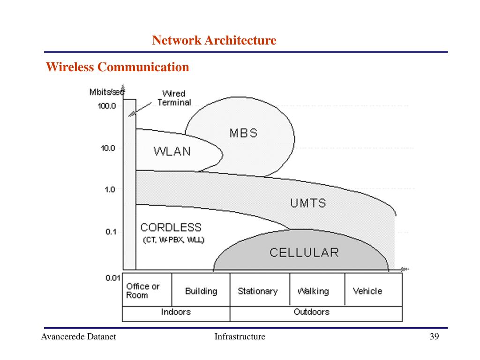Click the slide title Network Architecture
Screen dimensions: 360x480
pyautogui.click(x=214, y=41)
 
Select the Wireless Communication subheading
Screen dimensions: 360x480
pyautogui.click(x=117, y=67)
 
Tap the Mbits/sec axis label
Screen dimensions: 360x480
pyautogui.click(x=106, y=92)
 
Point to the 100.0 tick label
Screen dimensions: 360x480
pyautogui.click(x=107, y=106)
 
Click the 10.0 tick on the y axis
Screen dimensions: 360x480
pyautogui.click(x=108, y=148)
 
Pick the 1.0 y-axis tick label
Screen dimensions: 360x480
pyautogui.click(x=110, y=190)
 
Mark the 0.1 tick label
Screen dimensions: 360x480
pyautogui.click(x=111, y=232)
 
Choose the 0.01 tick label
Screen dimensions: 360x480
pyautogui.click(x=112, y=277)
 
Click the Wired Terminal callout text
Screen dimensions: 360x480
pyautogui.click(x=174, y=98)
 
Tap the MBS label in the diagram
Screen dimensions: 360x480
pyautogui.click(x=243, y=133)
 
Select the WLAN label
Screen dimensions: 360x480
pyautogui.click(x=172, y=151)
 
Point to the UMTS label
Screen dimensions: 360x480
pyautogui.click(x=307, y=203)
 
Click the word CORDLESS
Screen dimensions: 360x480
pyautogui.click(x=171, y=228)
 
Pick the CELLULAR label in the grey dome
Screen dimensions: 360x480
pyautogui.click(x=304, y=253)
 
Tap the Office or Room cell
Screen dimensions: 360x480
pyautogui.click(x=143, y=291)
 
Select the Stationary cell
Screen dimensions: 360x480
pyautogui.click(x=257, y=291)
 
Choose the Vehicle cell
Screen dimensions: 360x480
pyautogui.click(x=367, y=291)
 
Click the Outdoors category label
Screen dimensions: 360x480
pyautogui.click(x=311, y=312)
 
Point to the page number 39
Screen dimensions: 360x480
pyautogui.click(x=434, y=337)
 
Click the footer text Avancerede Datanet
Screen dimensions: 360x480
pyautogui.click(x=78, y=337)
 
